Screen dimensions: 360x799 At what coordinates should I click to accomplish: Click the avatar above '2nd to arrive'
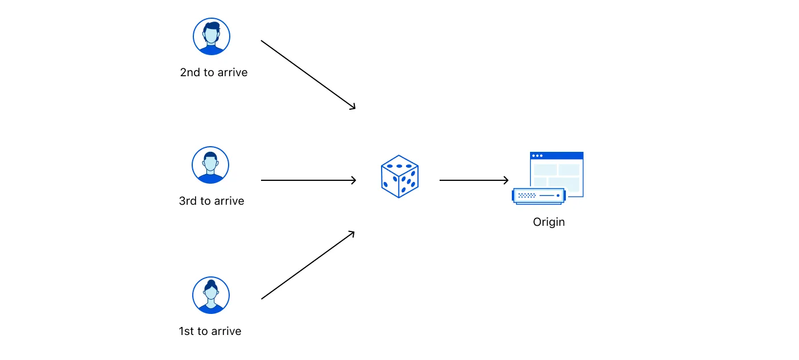click(x=212, y=36)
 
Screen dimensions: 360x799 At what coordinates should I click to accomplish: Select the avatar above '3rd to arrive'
click(x=210, y=165)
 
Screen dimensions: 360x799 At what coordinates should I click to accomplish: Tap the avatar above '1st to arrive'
click(x=211, y=295)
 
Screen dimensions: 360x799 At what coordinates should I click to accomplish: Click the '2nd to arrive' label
click(x=214, y=73)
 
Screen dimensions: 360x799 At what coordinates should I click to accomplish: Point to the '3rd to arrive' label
click(x=212, y=201)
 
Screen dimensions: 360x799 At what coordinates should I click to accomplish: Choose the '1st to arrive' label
click(x=210, y=331)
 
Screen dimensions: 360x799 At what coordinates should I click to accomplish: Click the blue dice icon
click(x=399, y=176)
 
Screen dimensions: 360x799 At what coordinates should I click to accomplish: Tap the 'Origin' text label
click(x=549, y=222)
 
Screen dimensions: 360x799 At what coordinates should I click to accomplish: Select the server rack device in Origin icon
click(x=539, y=196)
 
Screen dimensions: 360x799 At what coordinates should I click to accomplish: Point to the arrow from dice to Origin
click(x=473, y=180)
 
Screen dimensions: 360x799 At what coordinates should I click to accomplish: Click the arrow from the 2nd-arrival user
click(x=308, y=75)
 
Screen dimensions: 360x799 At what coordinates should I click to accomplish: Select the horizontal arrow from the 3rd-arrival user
click(x=308, y=180)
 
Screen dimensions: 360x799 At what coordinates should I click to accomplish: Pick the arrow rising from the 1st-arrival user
click(x=308, y=265)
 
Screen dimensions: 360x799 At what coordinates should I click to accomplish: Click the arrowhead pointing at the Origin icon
click(x=505, y=180)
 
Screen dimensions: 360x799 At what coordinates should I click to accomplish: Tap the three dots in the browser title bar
click(x=537, y=155)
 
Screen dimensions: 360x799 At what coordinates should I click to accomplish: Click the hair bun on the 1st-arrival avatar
click(x=211, y=283)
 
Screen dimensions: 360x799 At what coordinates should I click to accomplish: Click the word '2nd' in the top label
click(x=189, y=73)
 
